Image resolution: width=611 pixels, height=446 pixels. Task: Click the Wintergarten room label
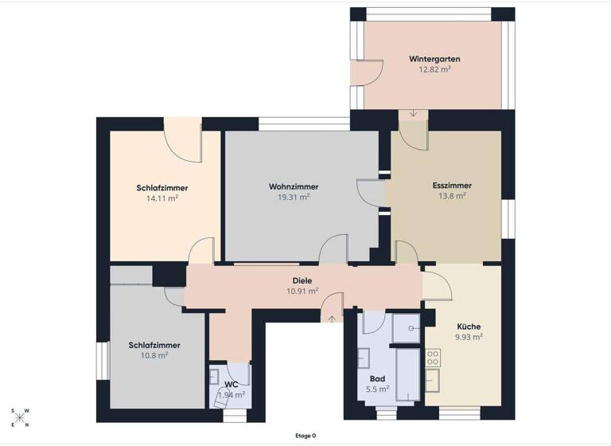[434, 59]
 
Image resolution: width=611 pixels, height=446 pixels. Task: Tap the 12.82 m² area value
[434, 70]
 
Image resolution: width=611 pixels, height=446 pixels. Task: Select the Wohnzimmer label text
[289, 186]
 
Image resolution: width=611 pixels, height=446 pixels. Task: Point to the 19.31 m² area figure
[289, 197]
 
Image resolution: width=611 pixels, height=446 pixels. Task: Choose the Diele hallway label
[302, 280]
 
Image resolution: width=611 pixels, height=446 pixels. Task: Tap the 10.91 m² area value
[302, 291]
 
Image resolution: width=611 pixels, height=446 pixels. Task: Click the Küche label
[469, 327]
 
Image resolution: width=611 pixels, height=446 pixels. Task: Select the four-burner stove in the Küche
[434, 357]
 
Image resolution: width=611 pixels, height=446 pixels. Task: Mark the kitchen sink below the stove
[434, 381]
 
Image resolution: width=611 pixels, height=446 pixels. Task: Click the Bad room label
[378, 378]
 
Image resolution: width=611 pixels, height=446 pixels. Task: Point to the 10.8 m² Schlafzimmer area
[154, 356]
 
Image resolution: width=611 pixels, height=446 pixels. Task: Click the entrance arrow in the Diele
[332, 319]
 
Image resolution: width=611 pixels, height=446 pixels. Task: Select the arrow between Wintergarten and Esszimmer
[413, 114]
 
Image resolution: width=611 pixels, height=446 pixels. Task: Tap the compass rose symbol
[20, 418]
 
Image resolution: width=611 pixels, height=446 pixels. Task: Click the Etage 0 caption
[305, 436]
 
